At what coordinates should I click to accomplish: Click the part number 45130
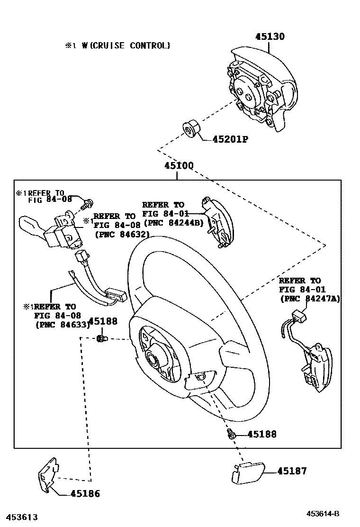(270, 36)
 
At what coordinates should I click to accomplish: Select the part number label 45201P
(230, 139)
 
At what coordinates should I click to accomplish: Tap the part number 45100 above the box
(179, 166)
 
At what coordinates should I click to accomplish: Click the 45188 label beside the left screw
(103, 321)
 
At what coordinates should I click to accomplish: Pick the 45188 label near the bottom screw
(262, 434)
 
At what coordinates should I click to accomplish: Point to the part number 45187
(292, 471)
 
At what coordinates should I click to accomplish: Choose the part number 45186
(85, 493)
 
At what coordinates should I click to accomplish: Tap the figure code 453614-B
(322, 514)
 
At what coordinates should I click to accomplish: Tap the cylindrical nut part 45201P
(191, 129)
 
